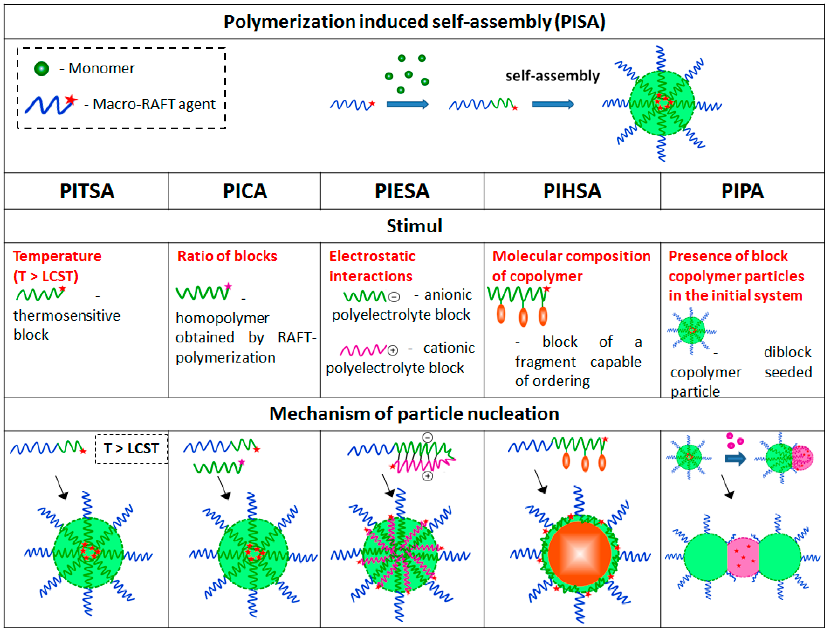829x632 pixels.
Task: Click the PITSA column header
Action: [87, 191]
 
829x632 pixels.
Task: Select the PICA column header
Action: [245, 191]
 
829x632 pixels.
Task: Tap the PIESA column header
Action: [402, 191]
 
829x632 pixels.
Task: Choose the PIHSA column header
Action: [572, 191]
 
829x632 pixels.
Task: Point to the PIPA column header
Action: [742, 191]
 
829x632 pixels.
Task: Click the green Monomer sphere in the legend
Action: [42, 69]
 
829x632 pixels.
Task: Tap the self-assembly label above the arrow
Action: [552, 76]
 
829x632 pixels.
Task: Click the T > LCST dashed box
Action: [131, 448]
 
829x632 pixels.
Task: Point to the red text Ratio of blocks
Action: [227, 256]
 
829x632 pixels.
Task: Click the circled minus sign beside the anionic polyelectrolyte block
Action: [394, 297]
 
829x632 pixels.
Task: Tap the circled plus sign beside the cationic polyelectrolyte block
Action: [393, 350]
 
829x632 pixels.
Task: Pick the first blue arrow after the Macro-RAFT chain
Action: [407, 104]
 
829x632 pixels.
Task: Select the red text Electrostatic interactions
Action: [372, 266]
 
